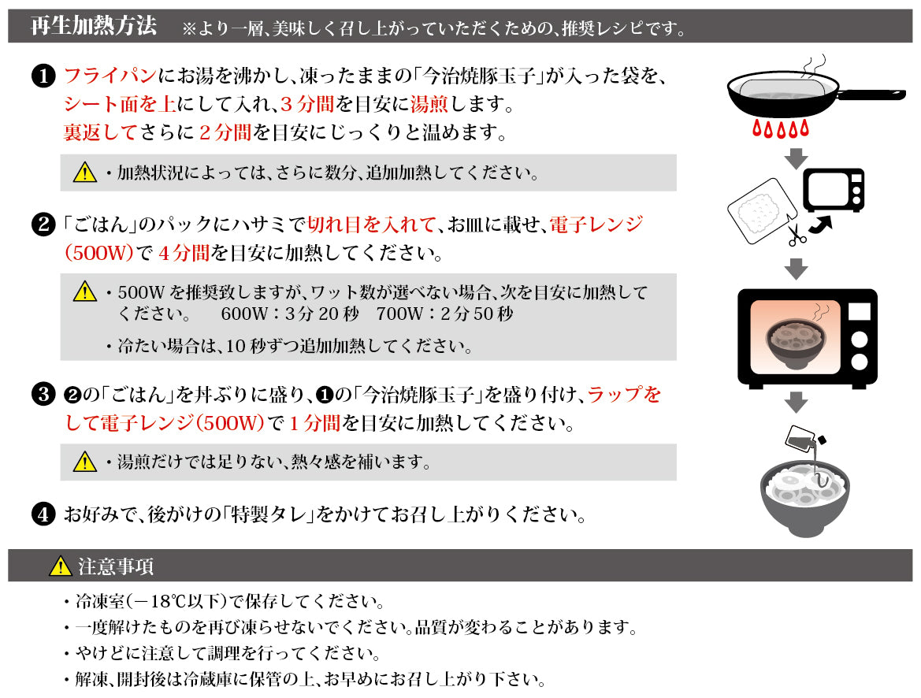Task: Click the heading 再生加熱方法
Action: click(x=93, y=26)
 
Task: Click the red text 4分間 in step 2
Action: click(x=184, y=254)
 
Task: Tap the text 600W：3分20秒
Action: click(x=289, y=314)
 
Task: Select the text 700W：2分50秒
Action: click(x=445, y=314)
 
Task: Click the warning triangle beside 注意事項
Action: click(x=60, y=566)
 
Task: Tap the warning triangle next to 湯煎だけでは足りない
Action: click(x=84, y=462)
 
